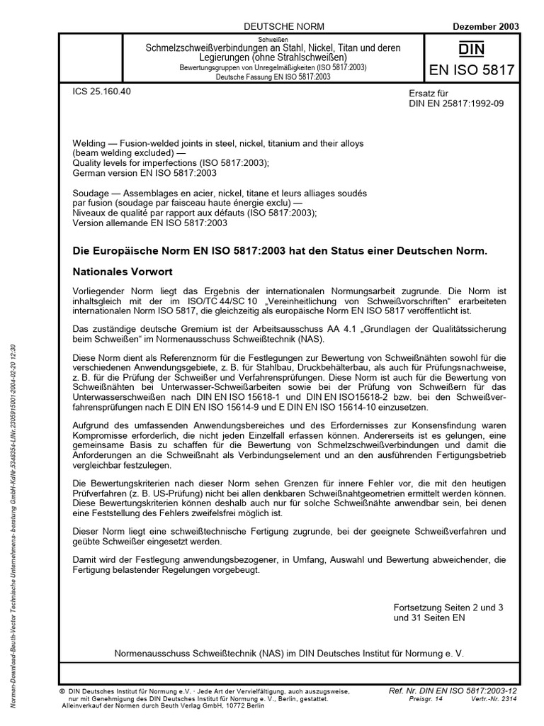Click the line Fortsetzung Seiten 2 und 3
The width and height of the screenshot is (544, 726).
[450, 608]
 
